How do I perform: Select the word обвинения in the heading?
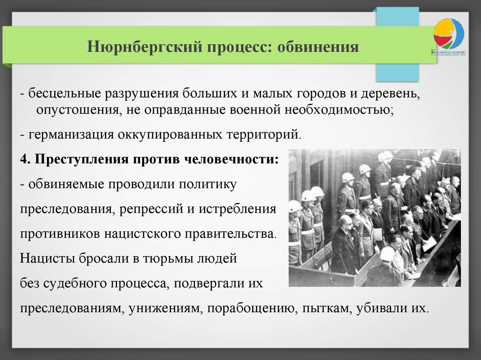[318, 47]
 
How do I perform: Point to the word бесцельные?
[64, 93]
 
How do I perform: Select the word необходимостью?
[339, 110]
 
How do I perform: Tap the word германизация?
[71, 135]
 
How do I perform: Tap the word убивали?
[381, 307]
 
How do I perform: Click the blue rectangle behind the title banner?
[397, 72]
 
